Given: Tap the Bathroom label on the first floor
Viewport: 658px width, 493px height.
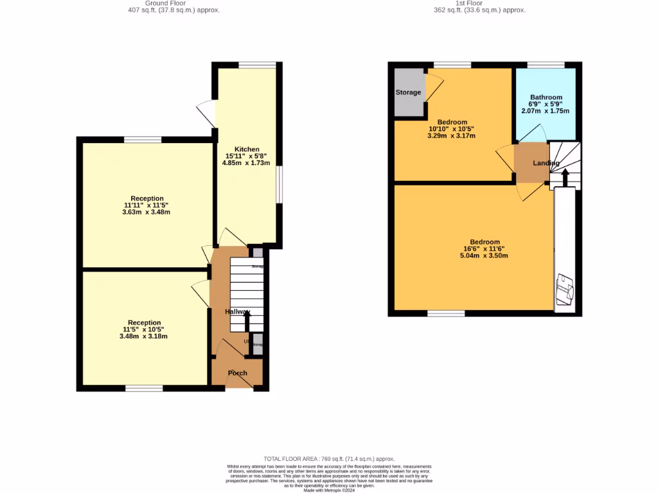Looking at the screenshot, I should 546,98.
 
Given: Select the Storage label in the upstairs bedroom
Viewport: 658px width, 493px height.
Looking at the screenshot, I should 408,92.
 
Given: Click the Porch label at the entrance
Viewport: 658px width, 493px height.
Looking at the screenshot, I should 237,373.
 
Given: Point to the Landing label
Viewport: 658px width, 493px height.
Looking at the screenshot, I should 546,163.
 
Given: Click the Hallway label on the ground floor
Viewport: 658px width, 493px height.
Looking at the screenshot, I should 237,311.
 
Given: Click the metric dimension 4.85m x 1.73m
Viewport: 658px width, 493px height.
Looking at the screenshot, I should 247,162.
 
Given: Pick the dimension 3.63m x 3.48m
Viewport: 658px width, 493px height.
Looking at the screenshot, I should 147,212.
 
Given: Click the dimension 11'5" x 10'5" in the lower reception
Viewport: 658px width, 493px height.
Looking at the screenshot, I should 144,329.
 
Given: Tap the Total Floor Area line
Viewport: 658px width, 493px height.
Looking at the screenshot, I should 329,459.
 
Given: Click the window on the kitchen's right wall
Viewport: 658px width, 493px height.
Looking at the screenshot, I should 279,186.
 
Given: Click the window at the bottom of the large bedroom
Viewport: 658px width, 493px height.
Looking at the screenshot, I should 446,313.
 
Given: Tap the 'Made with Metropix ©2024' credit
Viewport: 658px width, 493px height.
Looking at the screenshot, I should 329,490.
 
